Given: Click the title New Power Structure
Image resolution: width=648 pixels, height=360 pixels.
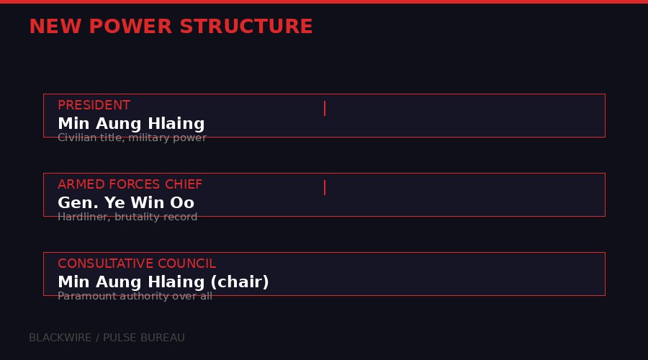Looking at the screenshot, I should click(x=171, y=27).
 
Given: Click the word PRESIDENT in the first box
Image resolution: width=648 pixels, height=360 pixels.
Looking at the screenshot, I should click(x=94, y=105).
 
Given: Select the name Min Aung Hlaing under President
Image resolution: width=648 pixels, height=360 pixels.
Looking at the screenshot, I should click(x=131, y=124).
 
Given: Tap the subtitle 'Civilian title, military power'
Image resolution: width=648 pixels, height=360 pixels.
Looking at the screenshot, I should click(x=132, y=138).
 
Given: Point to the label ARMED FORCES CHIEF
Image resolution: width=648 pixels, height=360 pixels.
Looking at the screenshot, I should click(x=130, y=184).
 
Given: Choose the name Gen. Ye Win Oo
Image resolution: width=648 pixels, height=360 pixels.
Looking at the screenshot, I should click(x=126, y=203).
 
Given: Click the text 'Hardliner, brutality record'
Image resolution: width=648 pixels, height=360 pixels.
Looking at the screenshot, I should click(x=127, y=217).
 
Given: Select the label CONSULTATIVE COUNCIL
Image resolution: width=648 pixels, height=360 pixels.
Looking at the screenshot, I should click(x=137, y=264).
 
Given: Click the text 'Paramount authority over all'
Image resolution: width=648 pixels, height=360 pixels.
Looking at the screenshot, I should click(x=135, y=296).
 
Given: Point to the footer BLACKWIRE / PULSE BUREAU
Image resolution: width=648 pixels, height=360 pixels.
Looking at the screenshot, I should click(x=107, y=338).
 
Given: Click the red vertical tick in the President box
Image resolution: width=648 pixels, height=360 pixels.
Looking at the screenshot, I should click(x=325, y=108).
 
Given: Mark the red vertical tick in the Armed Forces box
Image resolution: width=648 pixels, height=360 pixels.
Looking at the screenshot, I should click(x=325, y=187).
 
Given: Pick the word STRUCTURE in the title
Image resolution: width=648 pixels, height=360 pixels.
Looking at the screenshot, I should click(x=246, y=27).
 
